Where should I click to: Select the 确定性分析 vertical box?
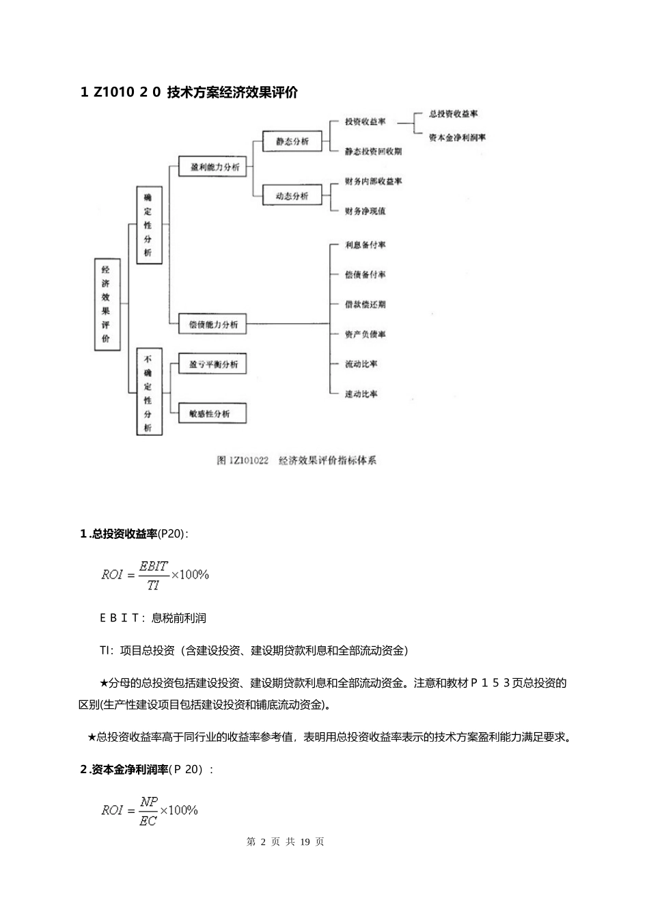pyautogui.click(x=148, y=225)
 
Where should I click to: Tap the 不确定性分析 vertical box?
pyautogui.click(x=148, y=393)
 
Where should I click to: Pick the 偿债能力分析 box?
pyautogui.click(x=213, y=324)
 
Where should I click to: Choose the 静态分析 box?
pyautogui.click(x=292, y=141)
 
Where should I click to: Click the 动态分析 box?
pyautogui.click(x=292, y=196)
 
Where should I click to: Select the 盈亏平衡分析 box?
pyautogui.click(x=213, y=365)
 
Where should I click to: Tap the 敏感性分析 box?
pyautogui.click(x=213, y=414)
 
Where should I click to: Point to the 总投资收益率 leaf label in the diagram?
pyautogui.click(x=453, y=113)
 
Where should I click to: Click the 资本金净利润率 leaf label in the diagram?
pyautogui.click(x=457, y=137)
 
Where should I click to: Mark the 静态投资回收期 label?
pyautogui.click(x=373, y=152)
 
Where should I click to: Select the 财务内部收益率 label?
pyautogui.click(x=373, y=182)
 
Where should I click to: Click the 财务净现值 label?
pyautogui.click(x=365, y=211)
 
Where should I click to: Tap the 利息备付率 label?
pyautogui.click(x=365, y=245)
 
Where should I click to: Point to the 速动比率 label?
pyautogui.click(x=361, y=394)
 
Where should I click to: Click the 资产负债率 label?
pyautogui.click(x=365, y=335)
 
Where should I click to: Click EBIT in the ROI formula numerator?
pyautogui.click(x=153, y=566)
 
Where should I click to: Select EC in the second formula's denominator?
pyautogui.click(x=148, y=820)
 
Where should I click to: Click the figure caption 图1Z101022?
pyautogui.click(x=243, y=460)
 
